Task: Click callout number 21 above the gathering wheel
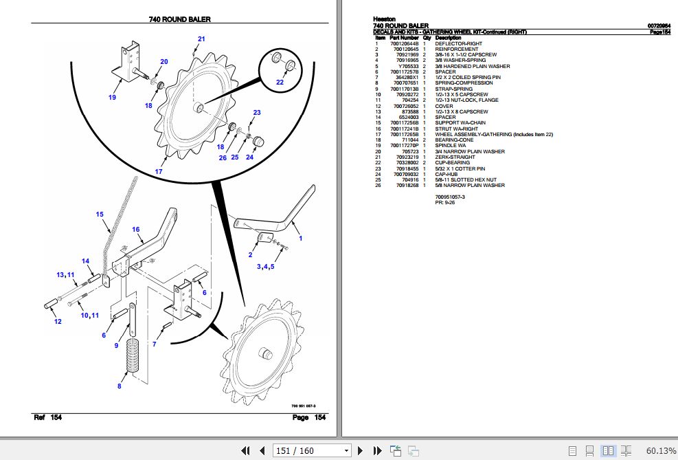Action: click(201, 39)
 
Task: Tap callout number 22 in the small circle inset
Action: click(280, 83)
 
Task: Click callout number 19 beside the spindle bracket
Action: click(112, 98)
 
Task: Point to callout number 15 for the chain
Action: click(100, 215)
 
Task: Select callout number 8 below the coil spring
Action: click(119, 386)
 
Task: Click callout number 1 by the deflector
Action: click(300, 237)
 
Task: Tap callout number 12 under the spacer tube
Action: click(58, 322)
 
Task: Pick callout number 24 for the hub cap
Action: click(249, 157)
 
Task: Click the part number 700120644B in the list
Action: click(404, 43)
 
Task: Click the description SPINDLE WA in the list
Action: click(450, 146)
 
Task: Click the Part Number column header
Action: click(404, 37)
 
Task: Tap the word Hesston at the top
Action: click(384, 19)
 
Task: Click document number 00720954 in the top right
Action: click(659, 25)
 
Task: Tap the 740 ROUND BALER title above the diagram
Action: click(179, 19)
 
